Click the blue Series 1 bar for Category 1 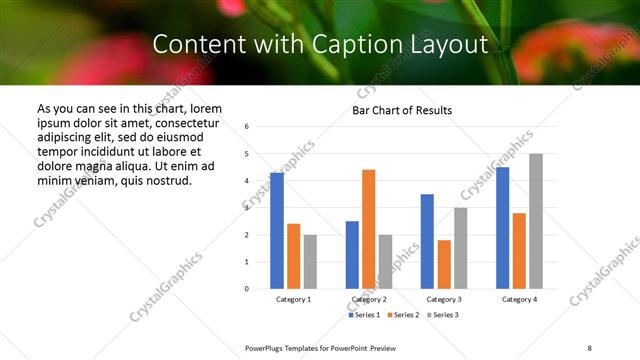coord(277,231)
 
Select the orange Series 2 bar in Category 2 coord(368,229)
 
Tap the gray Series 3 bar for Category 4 coord(536,221)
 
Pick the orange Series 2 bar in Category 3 coord(444,264)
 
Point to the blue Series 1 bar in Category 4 coord(502,228)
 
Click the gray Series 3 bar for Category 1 coord(310,262)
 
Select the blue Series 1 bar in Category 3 coord(427,241)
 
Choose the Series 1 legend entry coord(365,315)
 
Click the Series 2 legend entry coord(403,315)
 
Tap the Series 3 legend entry coord(441,315)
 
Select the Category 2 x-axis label coord(368,299)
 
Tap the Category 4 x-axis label coord(519,299)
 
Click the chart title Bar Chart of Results coord(402,110)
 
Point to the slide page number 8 coord(589,346)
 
